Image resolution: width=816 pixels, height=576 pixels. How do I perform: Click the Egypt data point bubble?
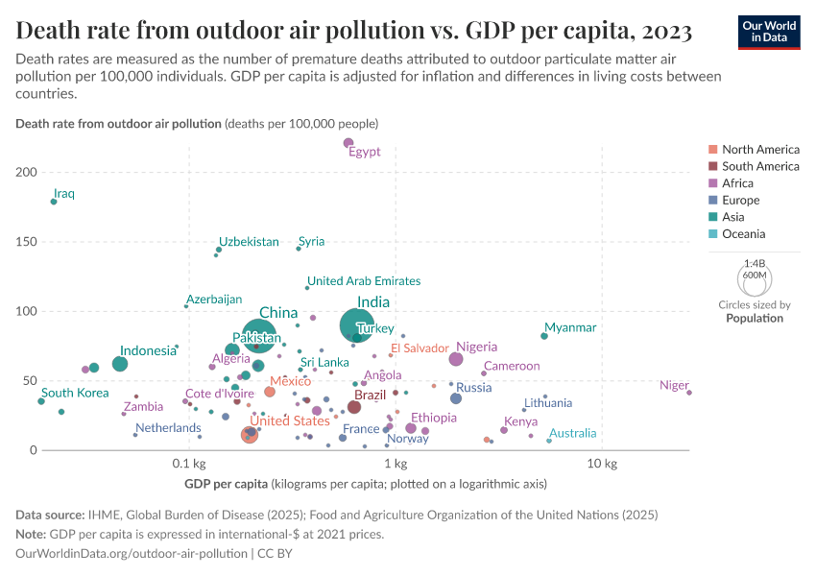(x=348, y=143)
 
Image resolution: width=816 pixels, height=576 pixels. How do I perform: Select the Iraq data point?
(x=54, y=202)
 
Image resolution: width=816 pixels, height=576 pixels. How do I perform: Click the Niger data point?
(x=689, y=393)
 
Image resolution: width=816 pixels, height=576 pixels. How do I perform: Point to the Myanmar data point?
(x=544, y=336)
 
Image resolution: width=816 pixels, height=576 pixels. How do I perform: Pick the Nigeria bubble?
(x=456, y=359)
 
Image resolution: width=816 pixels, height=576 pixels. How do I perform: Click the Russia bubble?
(x=456, y=398)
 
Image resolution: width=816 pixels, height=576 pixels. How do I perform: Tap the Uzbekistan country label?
(x=249, y=242)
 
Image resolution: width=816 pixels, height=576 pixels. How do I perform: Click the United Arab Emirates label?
(x=364, y=281)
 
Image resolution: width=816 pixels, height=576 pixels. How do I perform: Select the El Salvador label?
(x=420, y=348)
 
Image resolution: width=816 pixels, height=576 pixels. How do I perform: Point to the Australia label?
(x=572, y=434)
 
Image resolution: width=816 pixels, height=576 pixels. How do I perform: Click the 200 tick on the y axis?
(x=26, y=172)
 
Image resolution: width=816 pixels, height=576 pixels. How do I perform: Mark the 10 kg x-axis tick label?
(x=601, y=464)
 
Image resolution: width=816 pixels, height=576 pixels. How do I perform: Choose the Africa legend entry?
(x=737, y=183)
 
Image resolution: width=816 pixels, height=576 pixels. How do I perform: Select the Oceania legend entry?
(x=742, y=234)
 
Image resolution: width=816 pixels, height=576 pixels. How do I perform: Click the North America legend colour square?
(x=712, y=150)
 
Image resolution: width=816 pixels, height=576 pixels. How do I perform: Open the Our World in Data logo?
(x=769, y=32)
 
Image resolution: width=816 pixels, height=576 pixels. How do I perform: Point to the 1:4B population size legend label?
(x=755, y=263)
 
